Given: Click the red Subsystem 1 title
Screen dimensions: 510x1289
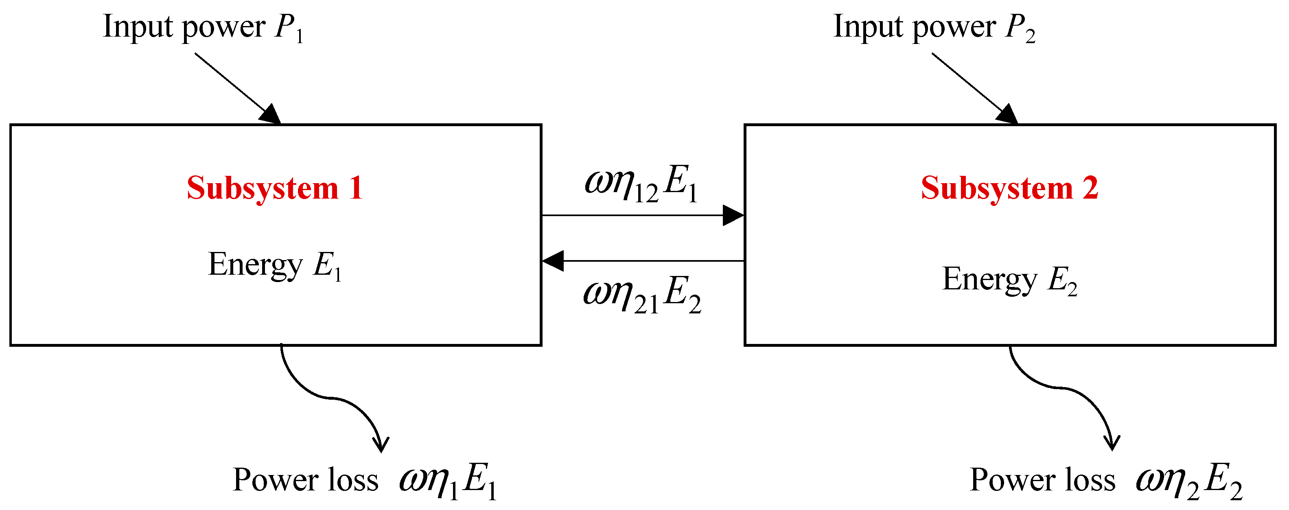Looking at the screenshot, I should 274,189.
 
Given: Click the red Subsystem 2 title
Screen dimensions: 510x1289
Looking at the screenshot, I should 1009,189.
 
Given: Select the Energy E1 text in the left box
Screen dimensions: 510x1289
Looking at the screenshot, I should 274,265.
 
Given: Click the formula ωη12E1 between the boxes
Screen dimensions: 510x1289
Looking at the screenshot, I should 641,183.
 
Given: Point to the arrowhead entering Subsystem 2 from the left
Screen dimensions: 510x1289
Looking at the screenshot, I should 733,216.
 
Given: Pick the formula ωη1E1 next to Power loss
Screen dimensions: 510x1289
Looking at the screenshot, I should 447,482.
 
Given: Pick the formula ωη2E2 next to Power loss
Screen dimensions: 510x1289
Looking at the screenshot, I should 1188,482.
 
